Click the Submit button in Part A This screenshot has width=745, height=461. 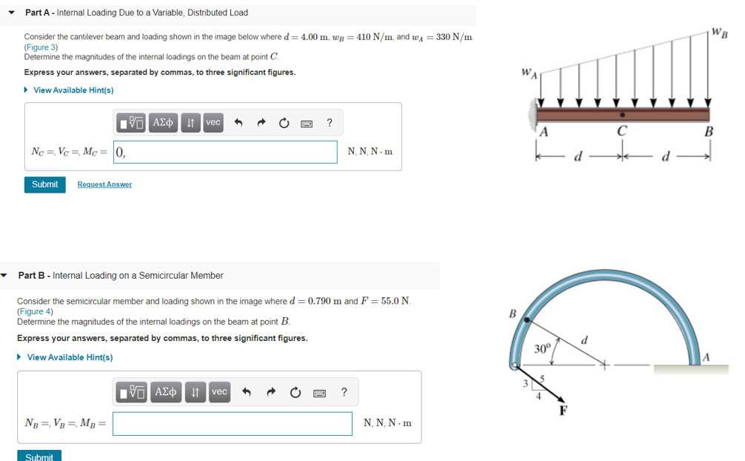(44, 185)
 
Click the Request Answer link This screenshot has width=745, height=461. (104, 185)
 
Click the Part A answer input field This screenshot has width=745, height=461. (225, 152)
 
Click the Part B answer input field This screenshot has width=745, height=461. (233, 424)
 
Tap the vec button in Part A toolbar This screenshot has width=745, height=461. (213, 123)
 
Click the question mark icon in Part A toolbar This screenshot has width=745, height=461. (329, 123)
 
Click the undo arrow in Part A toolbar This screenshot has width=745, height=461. (238, 123)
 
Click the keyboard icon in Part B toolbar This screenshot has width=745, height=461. (320, 392)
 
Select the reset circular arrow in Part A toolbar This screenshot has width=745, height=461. (284, 123)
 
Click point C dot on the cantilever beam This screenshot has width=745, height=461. (623, 115)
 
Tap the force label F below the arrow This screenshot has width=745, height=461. (563, 411)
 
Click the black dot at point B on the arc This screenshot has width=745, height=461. (527, 320)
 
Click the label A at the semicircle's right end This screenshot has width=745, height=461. (705, 357)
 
